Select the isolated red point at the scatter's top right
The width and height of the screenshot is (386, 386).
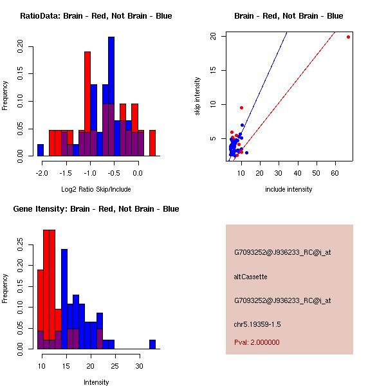[348, 37]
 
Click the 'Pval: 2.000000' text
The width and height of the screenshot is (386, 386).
[257, 342]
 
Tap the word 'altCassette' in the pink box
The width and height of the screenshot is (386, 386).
[250, 277]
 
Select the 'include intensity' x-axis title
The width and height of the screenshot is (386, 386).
[288, 189]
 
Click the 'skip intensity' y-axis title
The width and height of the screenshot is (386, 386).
[198, 96]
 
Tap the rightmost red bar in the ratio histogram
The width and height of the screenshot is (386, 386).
[152, 143]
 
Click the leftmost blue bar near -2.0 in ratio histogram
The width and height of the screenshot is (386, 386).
[41, 150]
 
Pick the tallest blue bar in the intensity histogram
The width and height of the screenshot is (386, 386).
[64, 283]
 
